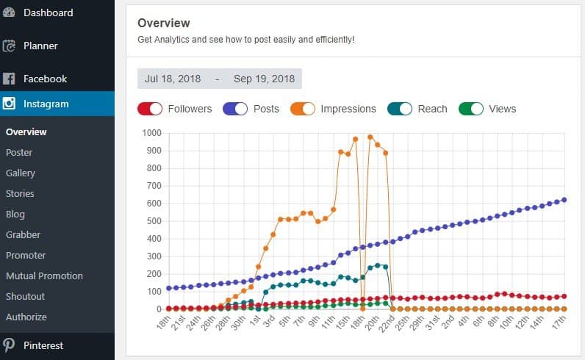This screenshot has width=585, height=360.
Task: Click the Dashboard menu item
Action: [x=48, y=12]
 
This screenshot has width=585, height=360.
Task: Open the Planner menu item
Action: [x=40, y=46]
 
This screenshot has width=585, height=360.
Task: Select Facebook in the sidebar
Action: [x=45, y=79]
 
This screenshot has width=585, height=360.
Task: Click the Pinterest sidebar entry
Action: [x=43, y=345]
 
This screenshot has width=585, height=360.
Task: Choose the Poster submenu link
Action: [x=19, y=153]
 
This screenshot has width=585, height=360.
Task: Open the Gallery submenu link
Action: [x=21, y=173]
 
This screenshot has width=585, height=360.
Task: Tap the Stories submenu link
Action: [x=20, y=194]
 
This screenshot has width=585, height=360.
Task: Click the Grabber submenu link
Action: [x=23, y=235]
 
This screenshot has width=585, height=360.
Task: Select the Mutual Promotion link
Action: [x=44, y=276]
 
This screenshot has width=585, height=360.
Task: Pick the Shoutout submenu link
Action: [x=25, y=297]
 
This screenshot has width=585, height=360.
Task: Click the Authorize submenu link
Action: [x=26, y=317]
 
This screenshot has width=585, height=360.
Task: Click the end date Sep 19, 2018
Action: [x=264, y=79]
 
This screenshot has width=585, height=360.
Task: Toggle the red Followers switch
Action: [x=150, y=109]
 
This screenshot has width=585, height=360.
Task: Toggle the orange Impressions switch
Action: [x=304, y=109]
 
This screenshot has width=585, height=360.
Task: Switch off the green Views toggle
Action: [x=471, y=109]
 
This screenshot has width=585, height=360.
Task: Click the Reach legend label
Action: [x=432, y=109]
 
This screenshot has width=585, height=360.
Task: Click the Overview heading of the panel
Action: [x=163, y=24]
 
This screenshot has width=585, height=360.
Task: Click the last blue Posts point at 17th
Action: [x=564, y=200]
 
